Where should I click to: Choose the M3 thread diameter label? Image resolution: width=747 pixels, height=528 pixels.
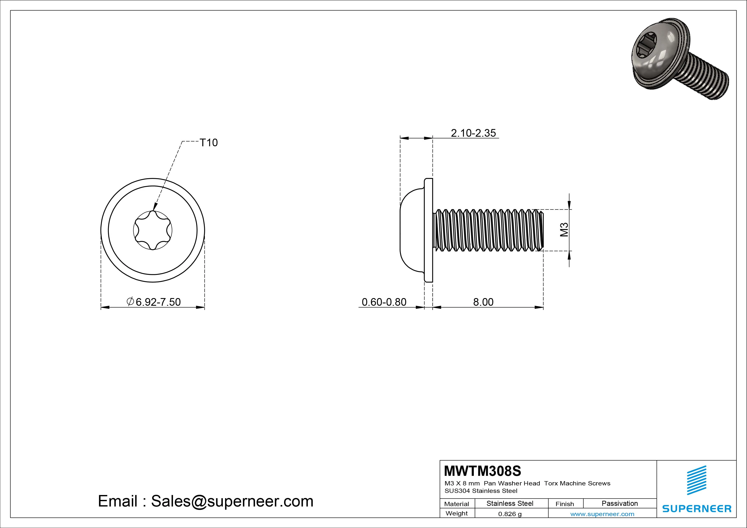564,230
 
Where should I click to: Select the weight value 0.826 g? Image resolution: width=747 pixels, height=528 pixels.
510,514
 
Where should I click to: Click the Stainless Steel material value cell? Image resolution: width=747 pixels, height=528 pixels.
510,503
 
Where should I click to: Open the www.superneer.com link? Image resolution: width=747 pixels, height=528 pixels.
602,514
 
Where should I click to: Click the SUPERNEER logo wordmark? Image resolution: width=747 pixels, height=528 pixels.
696,508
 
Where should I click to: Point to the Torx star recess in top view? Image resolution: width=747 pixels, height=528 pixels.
153,230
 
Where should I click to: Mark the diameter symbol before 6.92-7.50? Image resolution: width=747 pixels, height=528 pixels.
130,301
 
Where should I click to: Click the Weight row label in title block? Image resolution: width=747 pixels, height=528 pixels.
457,513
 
